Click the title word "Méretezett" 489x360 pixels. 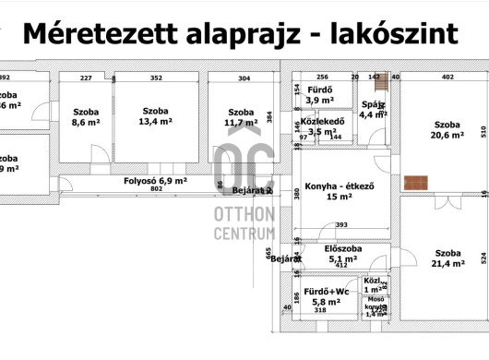[x=102, y=33]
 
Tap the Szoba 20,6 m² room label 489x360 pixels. [x=447, y=129]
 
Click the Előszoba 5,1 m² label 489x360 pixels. [x=341, y=254]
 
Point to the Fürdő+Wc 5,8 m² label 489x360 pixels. [x=327, y=296]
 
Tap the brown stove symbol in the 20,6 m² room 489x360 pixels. [x=423, y=182]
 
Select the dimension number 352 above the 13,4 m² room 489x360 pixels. [x=156, y=78]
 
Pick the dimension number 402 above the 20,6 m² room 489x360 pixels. [x=447, y=78]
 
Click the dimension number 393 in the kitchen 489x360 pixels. [x=341, y=224]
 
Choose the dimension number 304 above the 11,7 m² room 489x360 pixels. [x=244, y=78]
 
